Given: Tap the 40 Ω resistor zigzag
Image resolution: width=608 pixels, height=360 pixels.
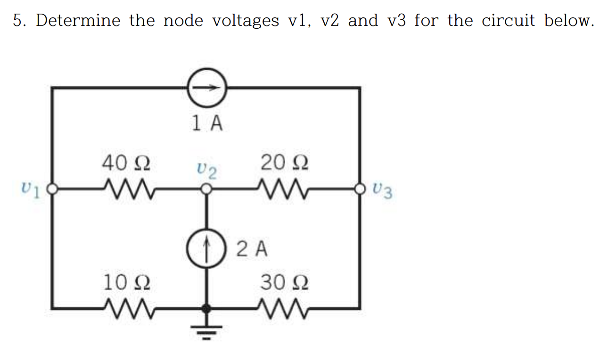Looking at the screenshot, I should tap(126, 190).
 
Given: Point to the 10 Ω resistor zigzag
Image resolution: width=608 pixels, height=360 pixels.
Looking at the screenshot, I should tap(126, 309).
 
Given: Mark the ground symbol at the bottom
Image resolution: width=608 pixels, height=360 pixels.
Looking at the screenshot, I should tap(206, 333).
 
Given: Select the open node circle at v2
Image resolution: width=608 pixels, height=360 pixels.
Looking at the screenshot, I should tap(206, 189).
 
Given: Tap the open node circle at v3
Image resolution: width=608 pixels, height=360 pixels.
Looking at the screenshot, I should tap(361, 189).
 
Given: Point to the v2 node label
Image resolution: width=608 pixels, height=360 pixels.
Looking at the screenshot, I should tap(207, 171).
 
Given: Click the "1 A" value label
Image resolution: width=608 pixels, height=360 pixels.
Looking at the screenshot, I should tap(207, 123).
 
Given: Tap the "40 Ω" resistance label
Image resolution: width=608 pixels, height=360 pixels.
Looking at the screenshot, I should tap(126, 163).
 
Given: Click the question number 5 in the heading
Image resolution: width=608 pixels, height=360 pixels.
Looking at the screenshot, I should tap(18, 21).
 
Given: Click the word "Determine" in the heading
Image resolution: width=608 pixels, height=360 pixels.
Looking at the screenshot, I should tap(78, 21).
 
